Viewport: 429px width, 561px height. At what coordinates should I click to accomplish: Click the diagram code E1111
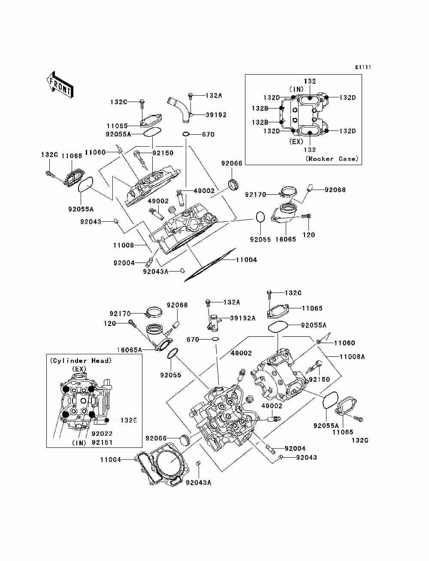[363, 67]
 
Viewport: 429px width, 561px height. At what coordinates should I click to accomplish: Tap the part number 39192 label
[216, 115]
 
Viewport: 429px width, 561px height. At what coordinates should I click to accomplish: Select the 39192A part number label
[243, 318]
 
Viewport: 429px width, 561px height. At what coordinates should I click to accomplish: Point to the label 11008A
[352, 356]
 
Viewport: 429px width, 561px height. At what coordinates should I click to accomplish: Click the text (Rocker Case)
[332, 159]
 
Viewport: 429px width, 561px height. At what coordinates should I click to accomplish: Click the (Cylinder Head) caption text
[81, 361]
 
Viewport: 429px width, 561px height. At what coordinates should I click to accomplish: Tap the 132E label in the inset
[129, 420]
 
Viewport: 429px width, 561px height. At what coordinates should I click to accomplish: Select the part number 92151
[102, 443]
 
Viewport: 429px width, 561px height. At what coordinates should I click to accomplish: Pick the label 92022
[102, 434]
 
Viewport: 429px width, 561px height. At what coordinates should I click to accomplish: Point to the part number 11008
[124, 245]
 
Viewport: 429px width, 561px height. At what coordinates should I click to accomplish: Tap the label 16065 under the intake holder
[286, 239]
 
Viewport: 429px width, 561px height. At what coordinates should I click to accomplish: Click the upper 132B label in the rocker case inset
[260, 109]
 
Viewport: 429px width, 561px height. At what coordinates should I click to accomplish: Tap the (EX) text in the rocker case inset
[296, 142]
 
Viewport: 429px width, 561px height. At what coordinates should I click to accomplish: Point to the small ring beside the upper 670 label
[186, 134]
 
